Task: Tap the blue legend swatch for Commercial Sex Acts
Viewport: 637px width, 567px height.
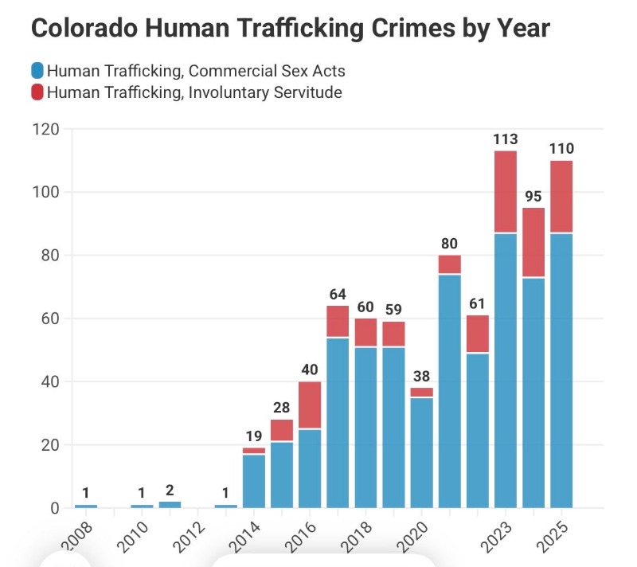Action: (37, 70)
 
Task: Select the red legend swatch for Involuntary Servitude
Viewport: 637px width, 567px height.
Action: (37, 92)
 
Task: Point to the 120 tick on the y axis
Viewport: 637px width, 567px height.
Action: (45, 129)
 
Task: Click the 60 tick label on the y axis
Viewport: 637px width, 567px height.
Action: (49, 319)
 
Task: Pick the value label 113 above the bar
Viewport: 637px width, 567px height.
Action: (505, 139)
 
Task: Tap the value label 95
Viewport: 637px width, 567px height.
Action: (533, 197)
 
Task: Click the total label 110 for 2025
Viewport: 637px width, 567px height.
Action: (561, 149)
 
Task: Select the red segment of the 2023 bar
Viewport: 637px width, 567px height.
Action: (505, 191)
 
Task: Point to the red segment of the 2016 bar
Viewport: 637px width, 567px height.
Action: (309, 405)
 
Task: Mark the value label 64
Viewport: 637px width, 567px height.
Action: (337, 295)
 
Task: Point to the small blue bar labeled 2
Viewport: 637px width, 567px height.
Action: (169, 504)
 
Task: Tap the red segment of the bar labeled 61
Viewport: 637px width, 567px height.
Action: (477, 334)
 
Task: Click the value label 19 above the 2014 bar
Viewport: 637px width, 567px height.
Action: (253, 436)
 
